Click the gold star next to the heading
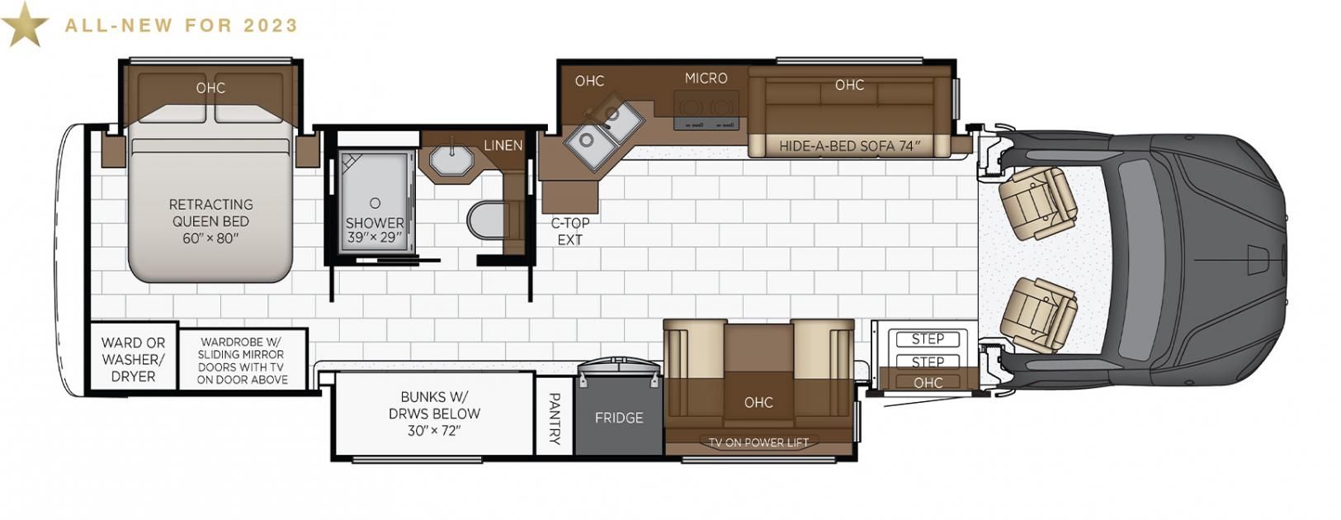coord(25,25)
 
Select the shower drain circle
coord(375,202)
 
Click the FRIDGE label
coord(619,418)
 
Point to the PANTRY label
coord(555,418)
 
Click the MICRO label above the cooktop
coord(706,78)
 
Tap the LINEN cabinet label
coord(503,145)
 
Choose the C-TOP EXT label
coord(570,231)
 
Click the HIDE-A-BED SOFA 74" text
coord(849,145)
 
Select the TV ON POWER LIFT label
coord(758,442)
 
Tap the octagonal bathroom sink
coord(452,158)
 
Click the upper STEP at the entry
coord(928,338)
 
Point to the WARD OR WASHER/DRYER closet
coord(133,359)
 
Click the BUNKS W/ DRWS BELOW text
coord(434,405)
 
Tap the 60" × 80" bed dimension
coord(210,239)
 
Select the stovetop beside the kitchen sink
coord(706,110)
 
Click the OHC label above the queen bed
coord(210,88)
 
